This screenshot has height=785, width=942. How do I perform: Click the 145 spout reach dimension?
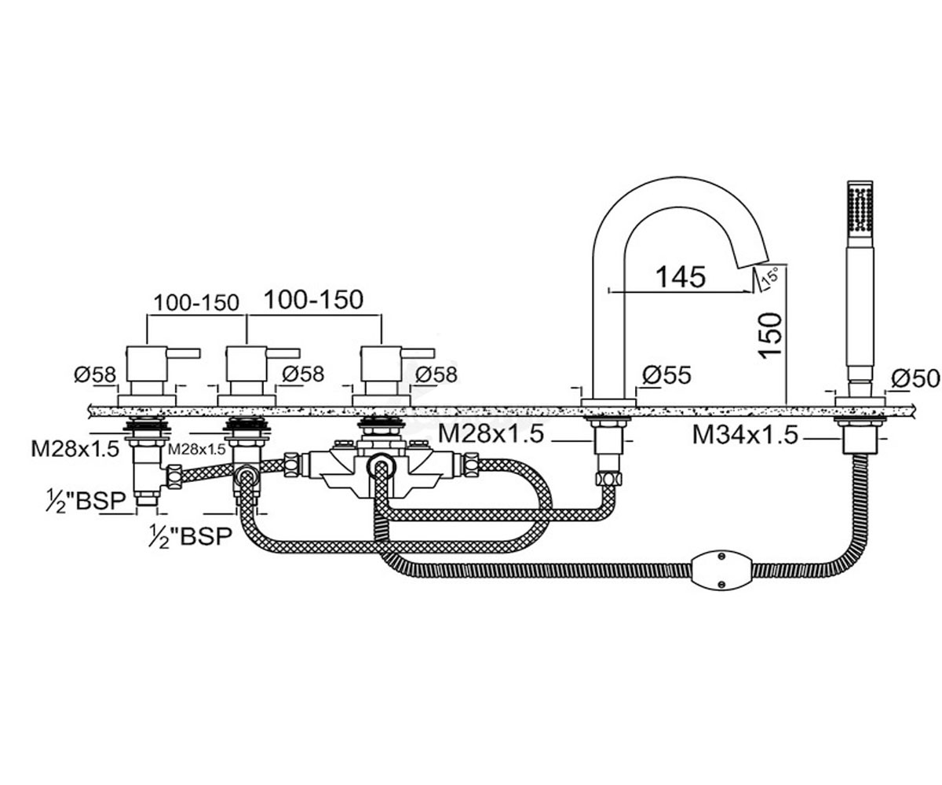click(x=680, y=276)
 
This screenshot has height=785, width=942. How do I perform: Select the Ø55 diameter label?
click(x=666, y=375)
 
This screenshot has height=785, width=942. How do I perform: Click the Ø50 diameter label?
click(x=915, y=378)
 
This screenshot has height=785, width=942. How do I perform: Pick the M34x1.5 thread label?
click(x=745, y=435)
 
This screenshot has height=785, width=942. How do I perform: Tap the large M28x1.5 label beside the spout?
click(x=491, y=433)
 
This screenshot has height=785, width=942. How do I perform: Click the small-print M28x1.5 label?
click(x=197, y=449)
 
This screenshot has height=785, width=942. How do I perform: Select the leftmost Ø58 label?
click(x=95, y=374)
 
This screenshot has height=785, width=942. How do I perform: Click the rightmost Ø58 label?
click(x=436, y=374)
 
